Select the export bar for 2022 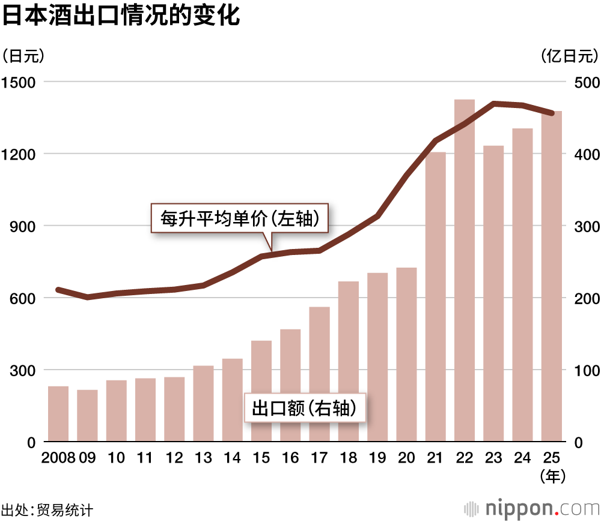coord(465,270)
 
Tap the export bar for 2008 coord(58,414)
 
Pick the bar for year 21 coord(436,297)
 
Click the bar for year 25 coord(552,276)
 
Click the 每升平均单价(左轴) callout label coord(239,218)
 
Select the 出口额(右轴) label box coord(305,409)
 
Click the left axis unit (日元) coord(23,56)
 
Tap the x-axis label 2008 coord(58,458)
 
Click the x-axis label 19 coord(377,458)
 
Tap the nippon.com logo coord(531,508)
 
